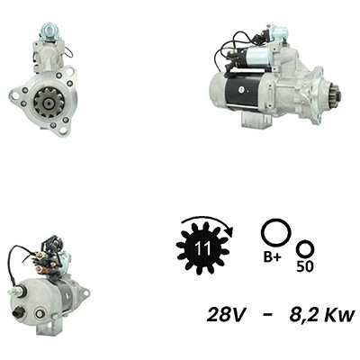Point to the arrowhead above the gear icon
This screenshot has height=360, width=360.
(229, 231)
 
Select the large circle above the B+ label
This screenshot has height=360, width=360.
(275, 233)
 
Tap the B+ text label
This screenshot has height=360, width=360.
(273, 257)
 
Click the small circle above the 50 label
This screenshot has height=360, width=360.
(305, 249)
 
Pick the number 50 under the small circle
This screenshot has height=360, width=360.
(305, 266)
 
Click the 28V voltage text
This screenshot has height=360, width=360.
(225, 315)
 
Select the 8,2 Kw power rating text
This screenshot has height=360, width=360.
(322, 315)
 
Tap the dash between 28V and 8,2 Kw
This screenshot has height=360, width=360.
(269, 315)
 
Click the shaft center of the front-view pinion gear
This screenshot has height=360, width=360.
(49, 103)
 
